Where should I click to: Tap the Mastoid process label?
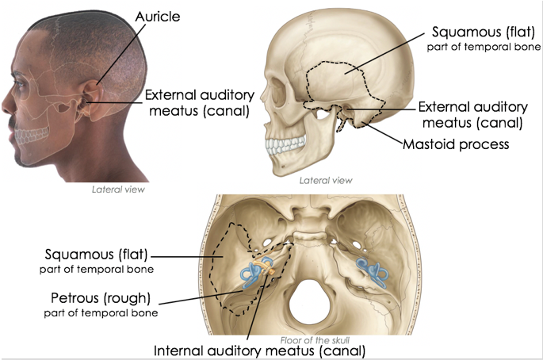pos(455,144)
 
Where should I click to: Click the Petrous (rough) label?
pos(100,299)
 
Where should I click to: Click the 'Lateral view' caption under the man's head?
pos(119,189)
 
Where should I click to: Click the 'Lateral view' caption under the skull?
pos(326,181)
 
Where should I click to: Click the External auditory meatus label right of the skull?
pos(472,114)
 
